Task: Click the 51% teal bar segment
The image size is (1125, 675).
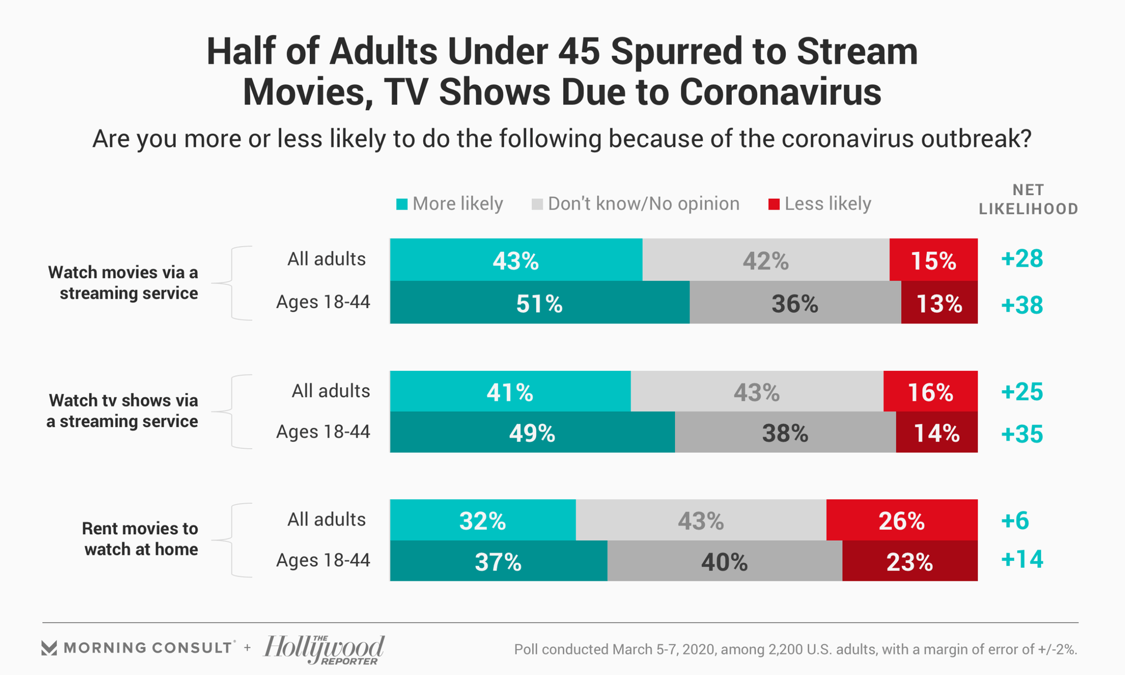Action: (x=539, y=303)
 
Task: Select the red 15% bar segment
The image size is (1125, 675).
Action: (x=933, y=260)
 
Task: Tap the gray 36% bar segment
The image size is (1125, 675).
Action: (x=795, y=303)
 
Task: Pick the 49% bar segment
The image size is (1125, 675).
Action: (x=531, y=432)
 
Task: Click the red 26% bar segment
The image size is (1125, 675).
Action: (x=901, y=520)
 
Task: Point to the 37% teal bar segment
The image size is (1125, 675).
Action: (x=498, y=561)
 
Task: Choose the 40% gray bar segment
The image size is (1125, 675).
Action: (x=724, y=561)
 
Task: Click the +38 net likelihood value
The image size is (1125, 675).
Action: (x=1022, y=305)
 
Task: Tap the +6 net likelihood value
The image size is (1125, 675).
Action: (x=1015, y=520)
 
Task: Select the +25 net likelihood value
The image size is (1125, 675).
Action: (x=1022, y=391)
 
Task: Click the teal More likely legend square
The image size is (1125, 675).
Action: (x=402, y=204)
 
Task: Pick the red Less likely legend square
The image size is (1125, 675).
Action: (x=774, y=204)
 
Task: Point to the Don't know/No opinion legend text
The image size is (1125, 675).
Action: (x=643, y=203)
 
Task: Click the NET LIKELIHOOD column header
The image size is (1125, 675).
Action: (x=1028, y=199)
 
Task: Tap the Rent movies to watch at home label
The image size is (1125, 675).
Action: (x=141, y=538)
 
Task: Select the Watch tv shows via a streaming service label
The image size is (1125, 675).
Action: (x=123, y=411)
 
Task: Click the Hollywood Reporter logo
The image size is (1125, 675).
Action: (x=324, y=649)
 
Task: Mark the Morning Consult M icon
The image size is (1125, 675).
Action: (x=49, y=648)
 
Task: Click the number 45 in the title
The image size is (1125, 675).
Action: (x=579, y=51)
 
